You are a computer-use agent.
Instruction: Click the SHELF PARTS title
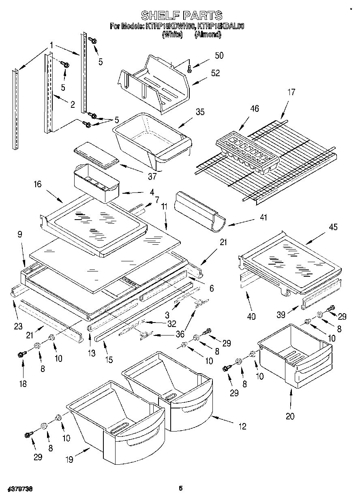coord(181,15)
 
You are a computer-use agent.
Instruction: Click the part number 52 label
coord(215,73)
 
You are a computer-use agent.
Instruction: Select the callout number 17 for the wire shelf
coord(291,92)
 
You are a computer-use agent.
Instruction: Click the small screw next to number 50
coord(189,69)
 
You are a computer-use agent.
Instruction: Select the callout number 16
coord(37,185)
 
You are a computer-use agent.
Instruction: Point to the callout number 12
coord(242,427)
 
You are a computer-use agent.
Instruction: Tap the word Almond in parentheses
coord(208,35)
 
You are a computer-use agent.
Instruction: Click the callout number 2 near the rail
coord(72,105)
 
